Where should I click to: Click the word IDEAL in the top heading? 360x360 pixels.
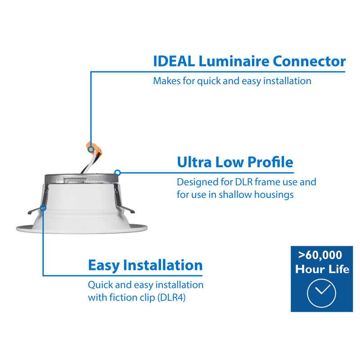pyautogui.click(x=174, y=61)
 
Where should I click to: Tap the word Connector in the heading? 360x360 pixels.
pyautogui.click(x=309, y=61)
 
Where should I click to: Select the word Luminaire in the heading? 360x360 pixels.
pyautogui.click(x=234, y=61)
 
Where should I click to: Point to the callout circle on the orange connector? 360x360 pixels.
pyautogui.click(x=91, y=149)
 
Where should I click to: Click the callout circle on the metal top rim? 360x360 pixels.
pyautogui.click(x=117, y=173)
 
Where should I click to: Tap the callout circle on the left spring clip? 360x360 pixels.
pyautogui.click(x=43, y=208)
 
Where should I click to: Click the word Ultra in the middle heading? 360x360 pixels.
pyautogui.click(x=194, y=162)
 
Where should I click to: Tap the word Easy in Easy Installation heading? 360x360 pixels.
pyautogui.click(x=104, y=265)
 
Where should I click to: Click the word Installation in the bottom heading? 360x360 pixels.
pyautogui.click(x=163, y=265)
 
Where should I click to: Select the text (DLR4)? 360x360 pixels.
pyautogui.click(x=171, y=297)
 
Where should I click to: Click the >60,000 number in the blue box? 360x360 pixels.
pyautogui.click(x=320, y=255)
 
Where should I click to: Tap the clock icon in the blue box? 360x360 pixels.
pyautogui.click(x=321, y=293)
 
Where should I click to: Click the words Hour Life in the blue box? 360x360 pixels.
pyautogui.click(x=322, y=269)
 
